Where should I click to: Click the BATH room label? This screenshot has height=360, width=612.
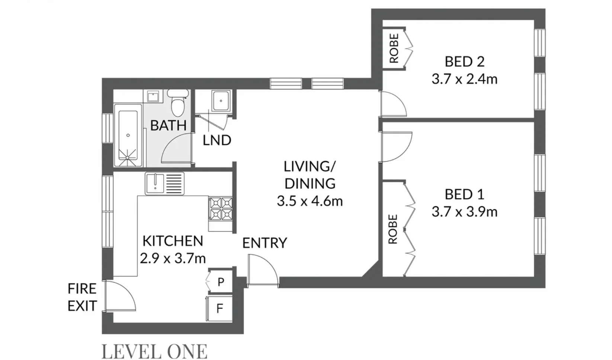[168, 125]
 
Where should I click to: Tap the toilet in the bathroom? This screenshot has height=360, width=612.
[177, 103]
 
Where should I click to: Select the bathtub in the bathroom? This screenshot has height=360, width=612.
[128, 135]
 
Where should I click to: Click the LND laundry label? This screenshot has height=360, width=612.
[217, 140]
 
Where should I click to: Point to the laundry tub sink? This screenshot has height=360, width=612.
[221, 101]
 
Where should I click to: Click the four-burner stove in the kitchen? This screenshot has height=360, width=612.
[221, 208]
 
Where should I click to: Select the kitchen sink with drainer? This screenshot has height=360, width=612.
[165, 184]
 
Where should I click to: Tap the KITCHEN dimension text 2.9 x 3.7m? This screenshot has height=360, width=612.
[173, 258]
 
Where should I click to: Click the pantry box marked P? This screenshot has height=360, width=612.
[221, 282]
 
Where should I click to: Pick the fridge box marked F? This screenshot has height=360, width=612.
[220, 308]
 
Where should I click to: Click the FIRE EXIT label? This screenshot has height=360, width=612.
[82, 297]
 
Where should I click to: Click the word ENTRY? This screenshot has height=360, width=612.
[265, 243]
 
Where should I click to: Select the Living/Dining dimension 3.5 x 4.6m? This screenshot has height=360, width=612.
[310, 201]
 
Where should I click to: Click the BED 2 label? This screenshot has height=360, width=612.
[465, 61]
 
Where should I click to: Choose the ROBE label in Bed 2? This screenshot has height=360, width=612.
[394, 48]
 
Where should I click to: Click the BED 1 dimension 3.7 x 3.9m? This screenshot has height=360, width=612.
[464, 212]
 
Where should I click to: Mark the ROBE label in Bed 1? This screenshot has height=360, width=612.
[393, 229]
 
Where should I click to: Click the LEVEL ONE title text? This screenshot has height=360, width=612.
[154, 351]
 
